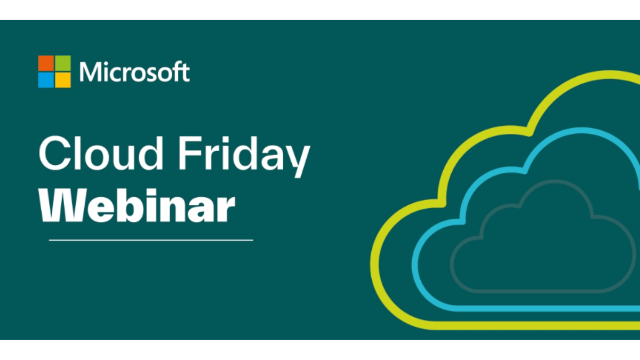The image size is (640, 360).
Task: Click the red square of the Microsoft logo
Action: point(46,63)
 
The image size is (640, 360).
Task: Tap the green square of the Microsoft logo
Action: point(63,63)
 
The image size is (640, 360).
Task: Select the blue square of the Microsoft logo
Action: point(46,80)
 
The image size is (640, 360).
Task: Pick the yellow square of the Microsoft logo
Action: point(63,80)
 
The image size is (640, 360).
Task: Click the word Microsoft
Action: point(134,71)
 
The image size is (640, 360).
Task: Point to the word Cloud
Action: point(101,153)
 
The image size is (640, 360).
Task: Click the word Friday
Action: point(244,157)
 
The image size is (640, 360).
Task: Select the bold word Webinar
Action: point(137,205)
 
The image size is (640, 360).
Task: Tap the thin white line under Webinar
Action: point(151,241)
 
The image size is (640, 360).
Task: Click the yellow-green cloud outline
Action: point(375,263)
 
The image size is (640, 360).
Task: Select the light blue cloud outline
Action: point(415,265)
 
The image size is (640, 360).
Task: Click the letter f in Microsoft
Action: point(177,71)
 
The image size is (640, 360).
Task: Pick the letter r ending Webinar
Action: point(226,209)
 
